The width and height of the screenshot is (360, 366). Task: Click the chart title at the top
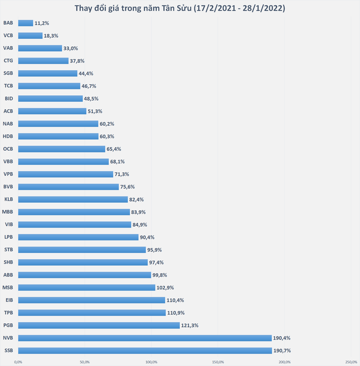pos(180,8)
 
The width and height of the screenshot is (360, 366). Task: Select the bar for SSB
pos(145,351)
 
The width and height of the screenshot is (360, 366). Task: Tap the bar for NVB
pos(145,338)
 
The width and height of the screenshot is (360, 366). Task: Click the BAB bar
pos(26,23)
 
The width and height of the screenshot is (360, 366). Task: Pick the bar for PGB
pos(99,325)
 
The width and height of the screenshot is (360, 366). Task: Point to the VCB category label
pos(8,35)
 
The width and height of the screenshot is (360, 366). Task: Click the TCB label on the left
pos(8,86)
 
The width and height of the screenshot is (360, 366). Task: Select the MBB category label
pos(7,212)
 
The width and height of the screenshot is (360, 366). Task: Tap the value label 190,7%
pos(282,351)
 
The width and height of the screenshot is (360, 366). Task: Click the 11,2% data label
pos(42,23)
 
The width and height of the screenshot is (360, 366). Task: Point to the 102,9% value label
pos(165,288)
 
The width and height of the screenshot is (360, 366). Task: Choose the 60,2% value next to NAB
pos(107,124)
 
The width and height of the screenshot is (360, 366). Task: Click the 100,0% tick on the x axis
pos(151,362)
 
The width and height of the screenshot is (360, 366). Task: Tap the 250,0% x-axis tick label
pos(352,362)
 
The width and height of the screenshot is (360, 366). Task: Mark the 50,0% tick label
pos(84,362)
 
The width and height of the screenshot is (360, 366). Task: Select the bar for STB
pos(82,250)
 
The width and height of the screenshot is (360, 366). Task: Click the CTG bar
pos(43,61)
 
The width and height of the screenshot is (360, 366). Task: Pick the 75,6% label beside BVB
pos(127,187)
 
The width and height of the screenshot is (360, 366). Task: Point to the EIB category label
pos(9,300)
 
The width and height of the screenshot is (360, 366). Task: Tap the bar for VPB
pos(66,174)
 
